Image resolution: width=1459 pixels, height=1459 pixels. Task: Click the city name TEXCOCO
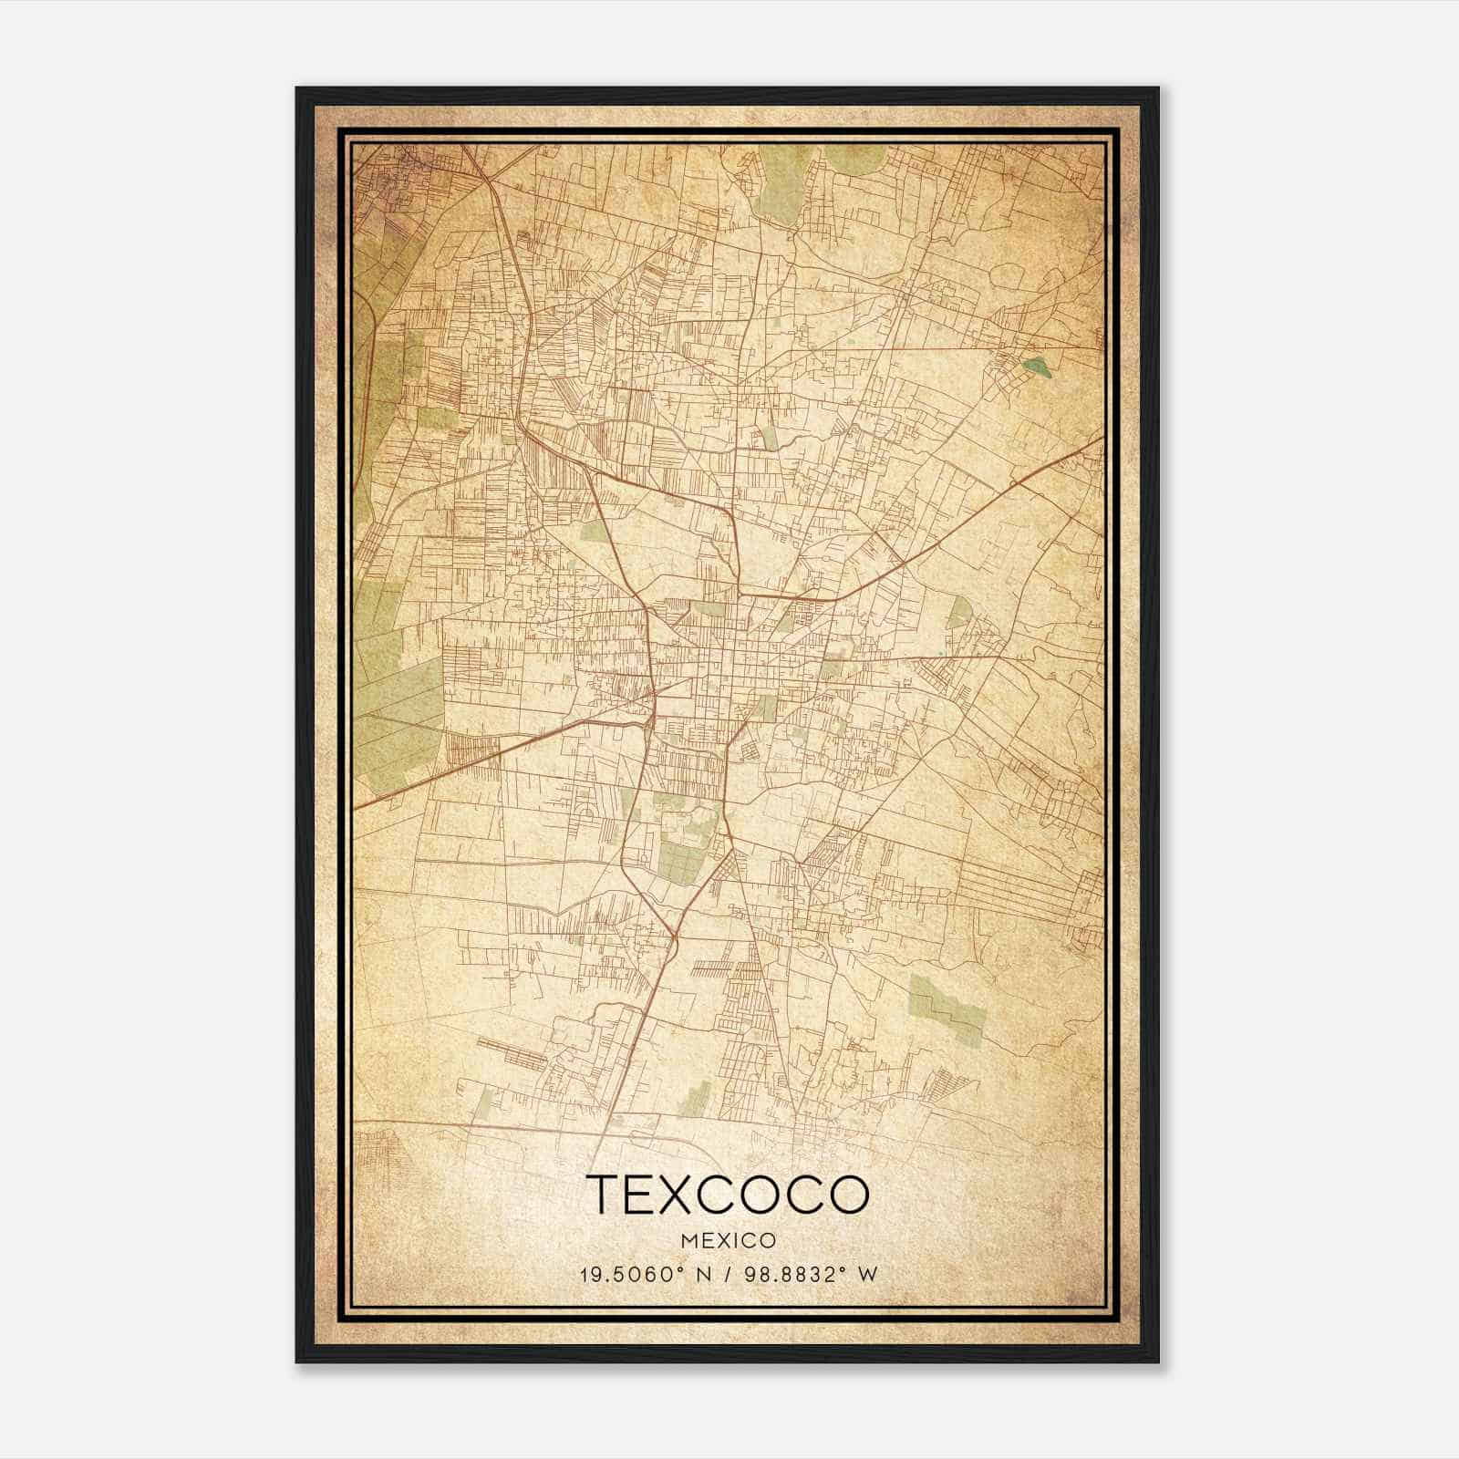(x=727, y=1195)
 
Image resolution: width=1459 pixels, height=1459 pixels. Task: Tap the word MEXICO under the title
(x=727, y=1241)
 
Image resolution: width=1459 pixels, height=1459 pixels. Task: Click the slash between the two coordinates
(x=727, y=1275)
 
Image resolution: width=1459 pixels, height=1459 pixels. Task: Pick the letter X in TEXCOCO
(x=677, y=1195)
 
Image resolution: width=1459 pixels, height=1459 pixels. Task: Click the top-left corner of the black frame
(x=297, y=88)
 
